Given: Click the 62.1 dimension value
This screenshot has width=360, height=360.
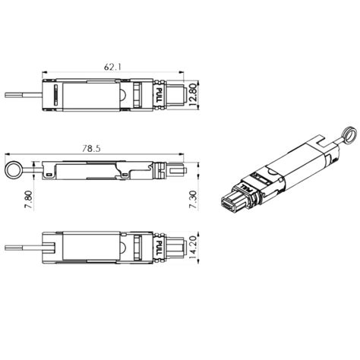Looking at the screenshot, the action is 112,67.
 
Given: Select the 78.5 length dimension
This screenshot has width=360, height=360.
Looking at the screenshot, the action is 91,149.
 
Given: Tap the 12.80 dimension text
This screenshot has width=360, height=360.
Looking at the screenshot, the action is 193,95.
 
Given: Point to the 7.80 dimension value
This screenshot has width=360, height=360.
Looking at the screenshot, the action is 29,200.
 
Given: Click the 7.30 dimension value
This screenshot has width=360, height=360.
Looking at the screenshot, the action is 193,200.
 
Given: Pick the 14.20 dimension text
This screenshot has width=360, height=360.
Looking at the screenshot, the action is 193,248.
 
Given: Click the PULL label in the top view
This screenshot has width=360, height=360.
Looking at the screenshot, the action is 159,95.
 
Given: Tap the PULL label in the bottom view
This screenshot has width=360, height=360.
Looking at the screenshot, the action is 159,248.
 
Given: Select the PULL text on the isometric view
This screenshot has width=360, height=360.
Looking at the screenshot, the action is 246,188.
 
